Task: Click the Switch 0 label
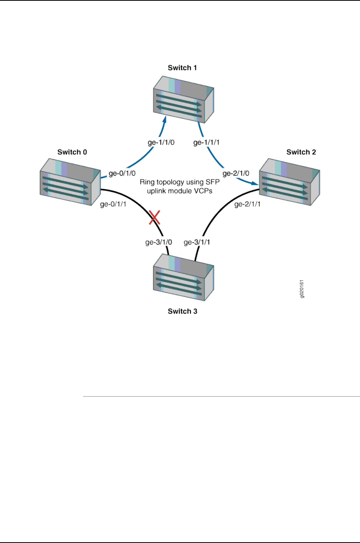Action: click(72, 152)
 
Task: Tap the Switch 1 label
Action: click(182, 68)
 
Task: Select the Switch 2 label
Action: click(301, 152)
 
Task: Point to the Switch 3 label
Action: click(182, 311)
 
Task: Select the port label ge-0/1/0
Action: click(122, 173)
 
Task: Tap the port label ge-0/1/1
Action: click(113, 204)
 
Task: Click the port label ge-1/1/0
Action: click(161, 143)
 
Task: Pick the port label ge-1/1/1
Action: click(207, 143)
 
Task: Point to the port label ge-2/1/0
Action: click(236, 173)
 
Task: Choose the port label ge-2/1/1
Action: click(247, 204)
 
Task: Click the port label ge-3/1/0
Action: click(158, 242)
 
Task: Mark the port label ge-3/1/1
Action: click(197, 242)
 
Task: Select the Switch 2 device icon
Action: click(289, 182)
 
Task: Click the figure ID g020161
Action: click(302, 289)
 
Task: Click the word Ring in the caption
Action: click(147, 182)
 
